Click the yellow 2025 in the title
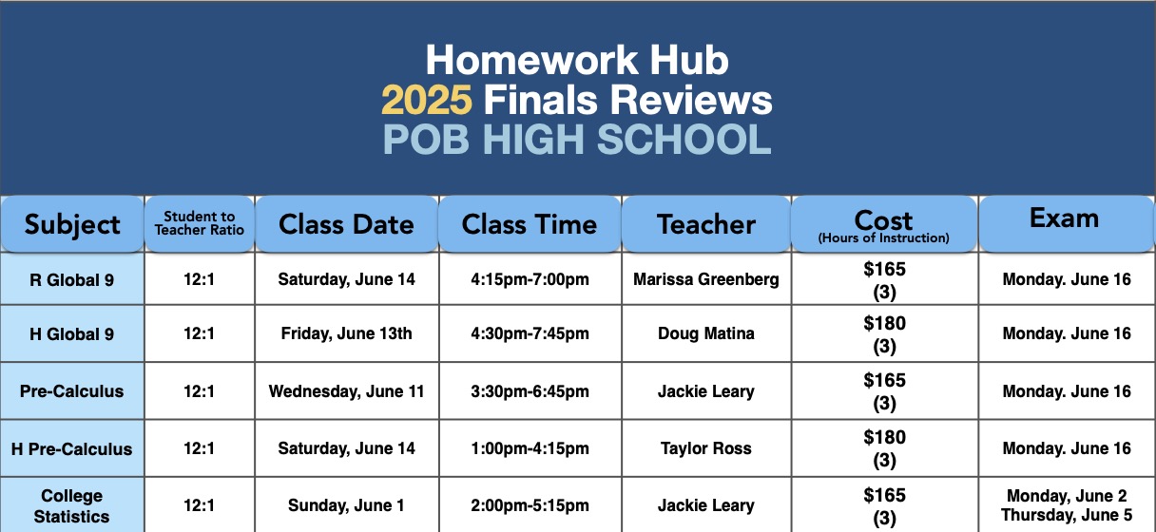tap(427, 100)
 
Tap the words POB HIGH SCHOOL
tap(577, 140)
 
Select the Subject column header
tap(72, 225)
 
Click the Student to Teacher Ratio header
tap(200, 223)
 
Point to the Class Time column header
tap(529, 224)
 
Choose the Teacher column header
tap(706, 224)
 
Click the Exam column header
tap(1064, 218)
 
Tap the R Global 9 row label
tap(71, 280)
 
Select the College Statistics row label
tap(71, 505)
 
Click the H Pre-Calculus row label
tap(71, 449)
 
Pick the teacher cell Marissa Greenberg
tap(706, 279)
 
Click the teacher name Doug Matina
tap(706, 333)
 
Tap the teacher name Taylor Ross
tap(706, 448)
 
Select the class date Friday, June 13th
tap(346, 333)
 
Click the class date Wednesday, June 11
tap(346, 391)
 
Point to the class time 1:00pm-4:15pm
tap(530, 448)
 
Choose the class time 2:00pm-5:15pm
tap(530, 505)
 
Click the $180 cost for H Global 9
tap(884, 323)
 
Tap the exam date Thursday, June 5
tap(1067, 515)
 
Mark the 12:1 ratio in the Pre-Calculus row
tap(200, 391)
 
